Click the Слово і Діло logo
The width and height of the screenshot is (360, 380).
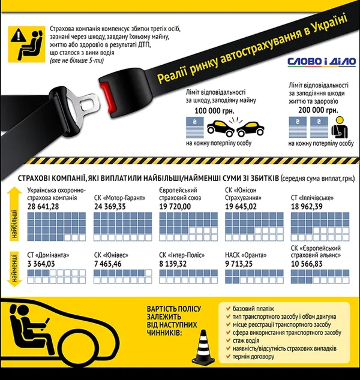pyautogui.click(x=322, y=62)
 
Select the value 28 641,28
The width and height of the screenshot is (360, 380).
pyautogui.click(x=43, y=206)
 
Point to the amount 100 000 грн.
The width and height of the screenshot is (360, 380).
pyautogui.click(x=214, y=111)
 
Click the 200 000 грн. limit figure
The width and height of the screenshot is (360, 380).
pyautogui.click(x=318, y=110)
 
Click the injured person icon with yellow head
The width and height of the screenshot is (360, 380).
pyautogui.click(x=340, y=127)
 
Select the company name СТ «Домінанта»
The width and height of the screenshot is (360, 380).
pyautogui.click(x=48, y=255)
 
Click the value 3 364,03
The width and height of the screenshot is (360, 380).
pyautogui.click(x=41, y=264)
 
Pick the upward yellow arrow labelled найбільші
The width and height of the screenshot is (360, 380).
pyautogui.click(x=14, y=214)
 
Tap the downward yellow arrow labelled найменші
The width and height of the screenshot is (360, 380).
pyautogui.click(x=14, y=269)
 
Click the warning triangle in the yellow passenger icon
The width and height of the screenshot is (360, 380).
pyautogui.click(x=18, y=35)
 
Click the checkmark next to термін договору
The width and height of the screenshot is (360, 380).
pyautogui.click(x=228, y=356)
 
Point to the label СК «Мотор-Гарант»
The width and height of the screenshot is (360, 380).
pyautogui.click(x=119, y=198)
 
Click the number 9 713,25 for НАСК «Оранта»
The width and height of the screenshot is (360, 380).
pyautogui.click(x=239, y=264)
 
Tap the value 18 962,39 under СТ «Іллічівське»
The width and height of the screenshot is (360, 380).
pyautogui.click(x=307, y=206)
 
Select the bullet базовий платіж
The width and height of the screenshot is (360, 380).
pyautogui.click(x=253, y=309)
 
